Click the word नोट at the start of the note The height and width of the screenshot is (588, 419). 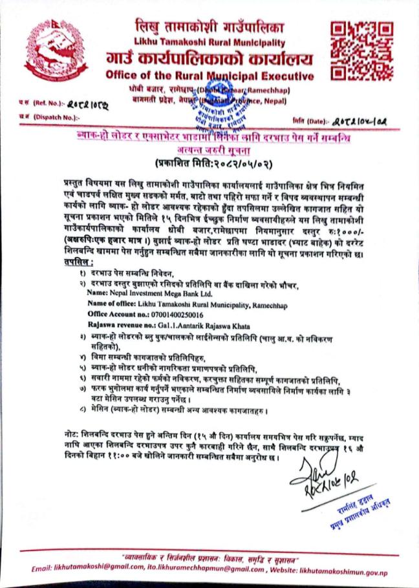click(65, 430)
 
